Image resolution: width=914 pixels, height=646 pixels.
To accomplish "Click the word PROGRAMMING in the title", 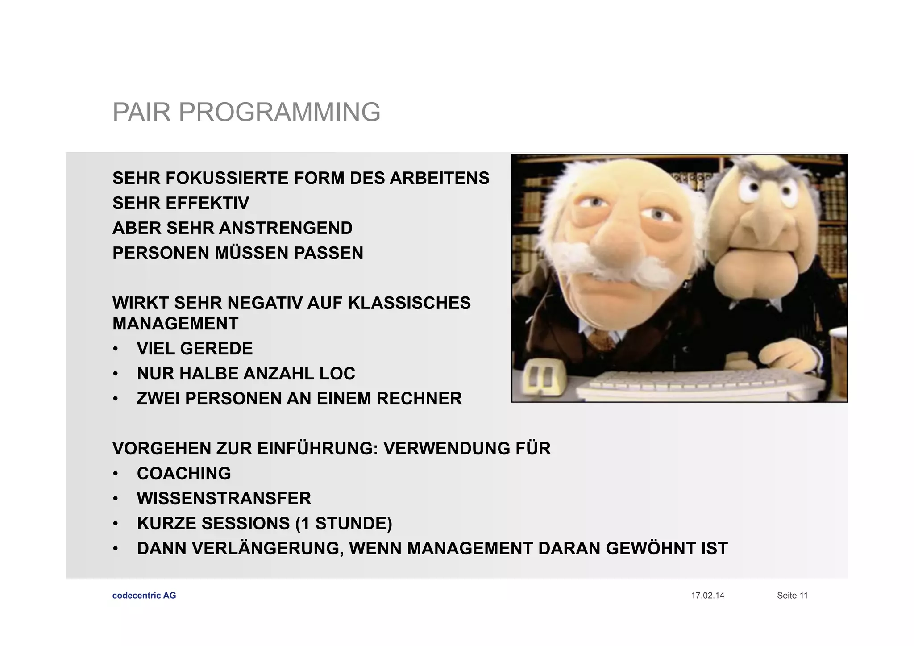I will (279, 112).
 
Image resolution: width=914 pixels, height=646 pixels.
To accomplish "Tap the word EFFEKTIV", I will (207, 203).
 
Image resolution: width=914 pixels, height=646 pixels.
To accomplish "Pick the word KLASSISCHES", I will (409, 303).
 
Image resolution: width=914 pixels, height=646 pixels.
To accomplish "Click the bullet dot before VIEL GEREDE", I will (116, 349).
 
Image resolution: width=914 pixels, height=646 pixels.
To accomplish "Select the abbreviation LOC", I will (337, 374).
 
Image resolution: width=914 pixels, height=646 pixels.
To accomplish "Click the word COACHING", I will (184, 474).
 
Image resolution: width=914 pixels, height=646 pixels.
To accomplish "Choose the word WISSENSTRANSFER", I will (224, 499).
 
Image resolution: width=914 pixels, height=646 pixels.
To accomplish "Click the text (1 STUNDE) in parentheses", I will (344, 524).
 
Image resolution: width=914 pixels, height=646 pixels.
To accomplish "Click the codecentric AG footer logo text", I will (144, 596).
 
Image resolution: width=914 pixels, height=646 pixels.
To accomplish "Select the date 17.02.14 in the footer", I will (707, 596).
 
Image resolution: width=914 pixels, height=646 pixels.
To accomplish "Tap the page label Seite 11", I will (792, 596).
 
